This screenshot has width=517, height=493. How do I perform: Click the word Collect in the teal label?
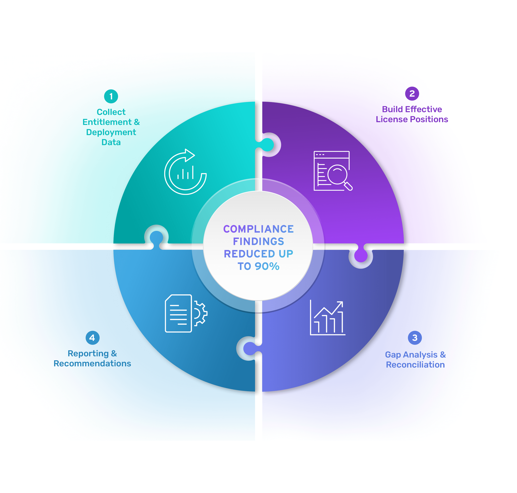tap(111, 112)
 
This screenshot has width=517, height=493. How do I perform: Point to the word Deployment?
tap(111, 132)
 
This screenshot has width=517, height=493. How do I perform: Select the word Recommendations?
tap(92, 363)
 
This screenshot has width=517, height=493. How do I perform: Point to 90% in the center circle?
tap(267, 266)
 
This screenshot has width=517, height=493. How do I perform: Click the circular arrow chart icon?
tap(185, 172)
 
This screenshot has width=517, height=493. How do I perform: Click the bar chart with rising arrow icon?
tap(328, 318)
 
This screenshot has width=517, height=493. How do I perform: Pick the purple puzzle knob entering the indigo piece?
tap(361, 255)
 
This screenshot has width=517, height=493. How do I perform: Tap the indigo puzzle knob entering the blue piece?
tap(250, 348)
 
